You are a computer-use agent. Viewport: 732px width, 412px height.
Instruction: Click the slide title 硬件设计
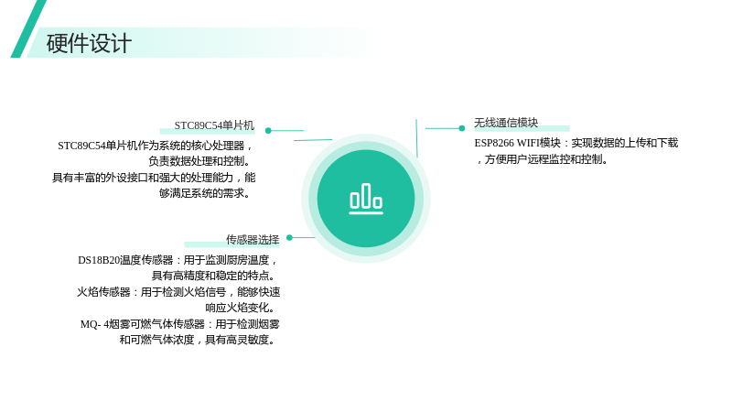89,43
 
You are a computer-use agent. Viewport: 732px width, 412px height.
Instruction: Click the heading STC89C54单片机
214,125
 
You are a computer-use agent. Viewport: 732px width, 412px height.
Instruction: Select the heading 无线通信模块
506,123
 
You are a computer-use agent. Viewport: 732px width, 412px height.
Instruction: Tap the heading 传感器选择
253,240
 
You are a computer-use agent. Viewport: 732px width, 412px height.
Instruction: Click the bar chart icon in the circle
366,199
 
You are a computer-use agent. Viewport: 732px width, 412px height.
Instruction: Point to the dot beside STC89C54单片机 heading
268,130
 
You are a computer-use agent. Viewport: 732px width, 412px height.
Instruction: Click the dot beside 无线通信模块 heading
462,128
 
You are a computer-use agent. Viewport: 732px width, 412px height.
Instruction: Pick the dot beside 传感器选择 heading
289,237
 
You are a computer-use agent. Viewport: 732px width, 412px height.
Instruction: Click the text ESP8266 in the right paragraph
494,143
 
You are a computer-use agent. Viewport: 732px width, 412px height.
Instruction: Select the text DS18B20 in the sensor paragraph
99,260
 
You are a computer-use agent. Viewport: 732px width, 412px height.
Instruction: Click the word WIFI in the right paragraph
528,143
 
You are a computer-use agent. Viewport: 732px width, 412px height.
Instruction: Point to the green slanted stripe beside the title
28,29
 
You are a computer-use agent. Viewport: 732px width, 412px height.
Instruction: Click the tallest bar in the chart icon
366,195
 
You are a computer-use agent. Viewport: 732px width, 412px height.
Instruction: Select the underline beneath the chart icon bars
366,213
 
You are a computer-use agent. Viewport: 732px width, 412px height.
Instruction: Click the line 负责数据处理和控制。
200,161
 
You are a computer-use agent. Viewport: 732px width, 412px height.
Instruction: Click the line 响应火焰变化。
240,308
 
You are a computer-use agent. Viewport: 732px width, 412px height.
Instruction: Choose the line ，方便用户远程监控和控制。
542,159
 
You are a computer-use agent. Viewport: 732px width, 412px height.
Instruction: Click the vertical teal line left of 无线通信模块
416,138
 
